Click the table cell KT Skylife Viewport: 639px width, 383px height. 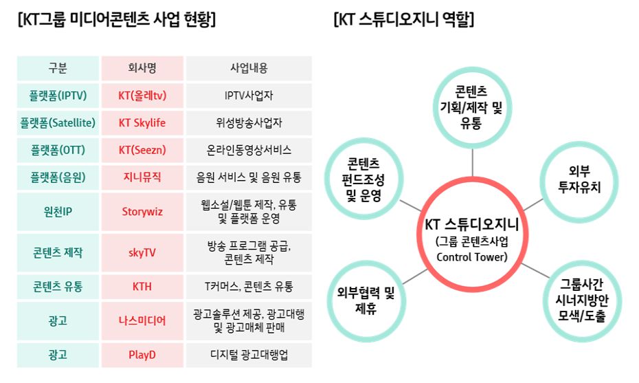142,123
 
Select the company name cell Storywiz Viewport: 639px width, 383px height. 142,212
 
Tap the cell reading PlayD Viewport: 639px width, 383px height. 142,355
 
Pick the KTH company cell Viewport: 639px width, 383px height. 142,286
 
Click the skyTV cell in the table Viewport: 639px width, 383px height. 142,252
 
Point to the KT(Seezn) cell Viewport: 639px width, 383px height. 142,150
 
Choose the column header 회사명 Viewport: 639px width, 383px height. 142,68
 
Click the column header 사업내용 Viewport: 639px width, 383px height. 249,68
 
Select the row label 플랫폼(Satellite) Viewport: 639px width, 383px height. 58,123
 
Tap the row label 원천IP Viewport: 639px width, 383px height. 58,212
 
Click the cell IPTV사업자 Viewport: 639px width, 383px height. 249,96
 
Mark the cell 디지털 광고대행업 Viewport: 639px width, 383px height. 249,355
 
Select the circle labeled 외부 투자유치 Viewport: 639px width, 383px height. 579,181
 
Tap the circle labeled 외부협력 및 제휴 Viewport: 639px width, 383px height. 366,301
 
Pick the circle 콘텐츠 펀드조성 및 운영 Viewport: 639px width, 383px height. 364,178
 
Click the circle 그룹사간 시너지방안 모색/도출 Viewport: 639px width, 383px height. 582,301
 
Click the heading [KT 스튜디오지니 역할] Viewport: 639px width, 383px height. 404,19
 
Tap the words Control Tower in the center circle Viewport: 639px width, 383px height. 472,257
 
